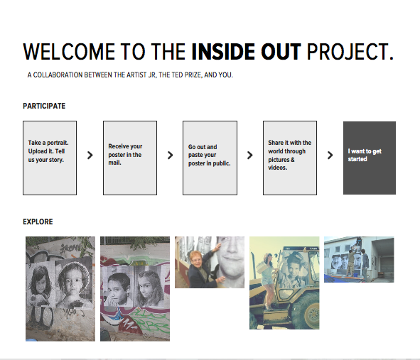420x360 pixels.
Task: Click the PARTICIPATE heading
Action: (44, 106)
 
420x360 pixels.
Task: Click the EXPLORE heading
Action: (38, 222)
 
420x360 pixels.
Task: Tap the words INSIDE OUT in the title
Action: (246, 52)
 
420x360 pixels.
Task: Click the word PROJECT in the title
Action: (347, 52)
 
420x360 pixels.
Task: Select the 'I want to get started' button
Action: (370, 158)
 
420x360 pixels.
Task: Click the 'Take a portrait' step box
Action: (50, 158)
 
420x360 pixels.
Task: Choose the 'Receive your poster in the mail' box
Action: (130, 158)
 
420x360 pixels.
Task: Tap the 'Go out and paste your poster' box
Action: (210, 158)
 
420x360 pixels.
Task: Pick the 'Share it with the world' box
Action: (290, 158)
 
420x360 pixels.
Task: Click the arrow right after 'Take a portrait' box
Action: (90, 156)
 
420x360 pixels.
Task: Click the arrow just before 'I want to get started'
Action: (330, 156)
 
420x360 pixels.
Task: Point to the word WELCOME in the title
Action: (69, 52)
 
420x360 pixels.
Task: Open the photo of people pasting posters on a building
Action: (359, 259)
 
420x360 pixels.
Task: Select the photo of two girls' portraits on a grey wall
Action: (60, 289)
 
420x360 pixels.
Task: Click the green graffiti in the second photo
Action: (153, 321)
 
